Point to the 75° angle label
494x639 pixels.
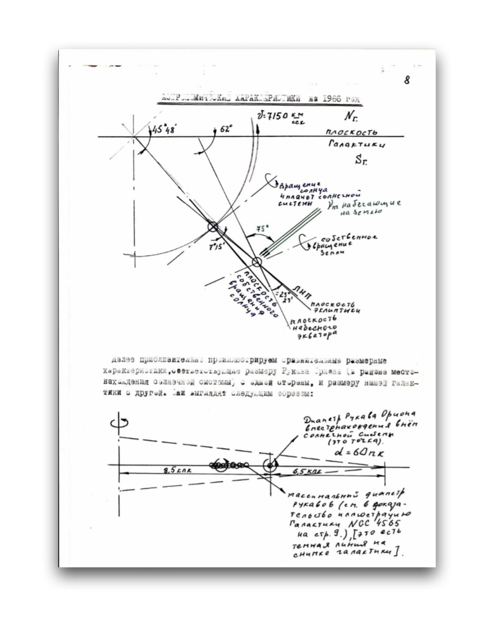tap(262, 229)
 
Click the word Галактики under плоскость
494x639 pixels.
tap(357, 144)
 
